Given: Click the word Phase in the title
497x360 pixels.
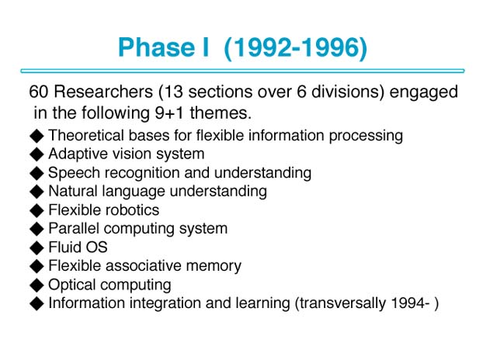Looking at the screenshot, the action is click(x=156, y=47).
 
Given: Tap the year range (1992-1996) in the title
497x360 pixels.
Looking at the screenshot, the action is click(x=295, y=48).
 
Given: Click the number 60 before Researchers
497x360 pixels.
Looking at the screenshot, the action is click(x=38, y=92).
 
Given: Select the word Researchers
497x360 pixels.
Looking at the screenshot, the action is click(x=103, y=92).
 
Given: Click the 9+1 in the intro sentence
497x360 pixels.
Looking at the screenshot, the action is click(x=169, y=113).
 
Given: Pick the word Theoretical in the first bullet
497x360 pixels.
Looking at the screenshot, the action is click(x=86, y=136).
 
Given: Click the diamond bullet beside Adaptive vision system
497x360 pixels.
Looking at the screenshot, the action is click(x=36, y=154).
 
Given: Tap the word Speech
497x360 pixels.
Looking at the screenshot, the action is click(x=74, y=174).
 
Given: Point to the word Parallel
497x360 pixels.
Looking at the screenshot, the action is click(x=74, y=229).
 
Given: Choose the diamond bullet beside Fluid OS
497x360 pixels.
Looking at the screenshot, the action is click(x=36, y=247).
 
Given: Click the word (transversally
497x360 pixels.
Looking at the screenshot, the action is click(x=340, y=303).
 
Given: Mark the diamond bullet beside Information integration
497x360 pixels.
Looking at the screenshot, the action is click(x=36, y=303).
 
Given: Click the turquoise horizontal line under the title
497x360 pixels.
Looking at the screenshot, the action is click(x=242, y=71).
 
